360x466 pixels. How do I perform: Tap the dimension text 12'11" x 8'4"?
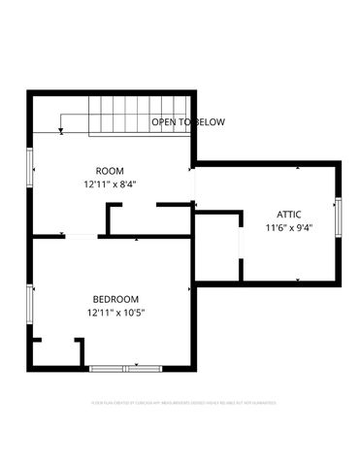click(110, 183)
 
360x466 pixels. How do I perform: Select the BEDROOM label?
click(115, 299)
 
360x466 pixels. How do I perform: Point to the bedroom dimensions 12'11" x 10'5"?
click(115, 313)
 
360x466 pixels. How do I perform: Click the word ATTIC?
click(288, 215)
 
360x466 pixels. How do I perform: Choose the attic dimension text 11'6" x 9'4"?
click(288, 228)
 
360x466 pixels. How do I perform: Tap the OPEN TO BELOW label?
click(188, 122)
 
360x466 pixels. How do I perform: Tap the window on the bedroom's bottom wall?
click(126, 367)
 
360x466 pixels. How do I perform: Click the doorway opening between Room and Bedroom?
click(81, 235)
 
